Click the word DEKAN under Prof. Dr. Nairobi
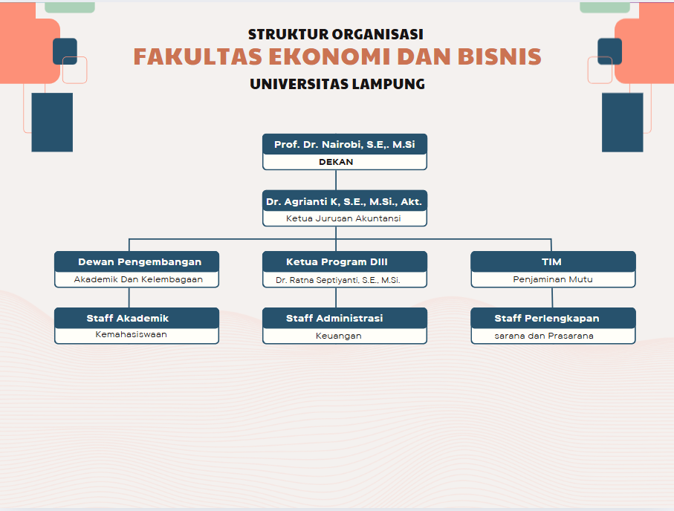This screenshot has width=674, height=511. click(336, 162)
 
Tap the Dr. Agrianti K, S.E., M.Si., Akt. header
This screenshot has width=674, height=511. click(344, 201)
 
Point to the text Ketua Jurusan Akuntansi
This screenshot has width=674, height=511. click(343, 218)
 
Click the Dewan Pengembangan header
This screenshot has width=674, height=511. click(140, 261)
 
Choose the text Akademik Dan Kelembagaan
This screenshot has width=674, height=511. click(138, 279)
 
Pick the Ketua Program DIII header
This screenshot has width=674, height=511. click(337, 261)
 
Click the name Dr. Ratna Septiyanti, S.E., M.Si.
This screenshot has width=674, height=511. click(337, 280)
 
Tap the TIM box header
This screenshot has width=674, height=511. click(551, 261)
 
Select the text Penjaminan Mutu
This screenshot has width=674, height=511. click(552, 279)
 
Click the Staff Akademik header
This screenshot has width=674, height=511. click(128, 318)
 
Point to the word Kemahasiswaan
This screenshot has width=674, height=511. click(131, 334)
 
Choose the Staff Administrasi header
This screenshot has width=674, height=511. click(334, 318)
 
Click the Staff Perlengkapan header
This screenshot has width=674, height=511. click(547, 318)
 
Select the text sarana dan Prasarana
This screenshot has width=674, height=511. click(544, 336)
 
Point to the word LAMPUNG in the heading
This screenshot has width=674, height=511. click(389, 84)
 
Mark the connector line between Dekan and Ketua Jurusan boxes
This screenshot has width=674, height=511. click(336, 180)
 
